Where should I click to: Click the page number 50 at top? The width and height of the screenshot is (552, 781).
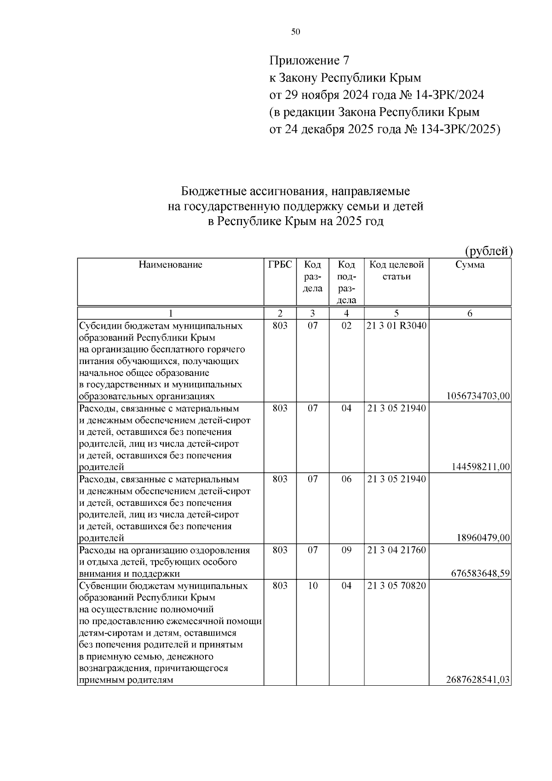pyautogui.click(x=295, y=32)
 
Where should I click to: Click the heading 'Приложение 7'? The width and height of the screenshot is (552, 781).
pyautogui.click(x=309, y=61)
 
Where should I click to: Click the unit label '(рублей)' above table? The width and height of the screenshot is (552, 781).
pyautogui.click(x=489, y=251)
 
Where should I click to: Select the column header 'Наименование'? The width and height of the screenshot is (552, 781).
pyautogui.click(x=170, y=265)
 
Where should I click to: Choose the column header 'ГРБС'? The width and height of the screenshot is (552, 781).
pyautogui.click(x=280, y=265)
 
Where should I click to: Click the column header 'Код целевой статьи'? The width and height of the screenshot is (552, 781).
pyautogui.click(x=396, y=271)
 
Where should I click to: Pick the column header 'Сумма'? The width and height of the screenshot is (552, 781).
pyautogui.click(x=470, y=265)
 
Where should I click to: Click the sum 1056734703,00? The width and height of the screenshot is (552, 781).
pyautogui.click(x=478, y=396)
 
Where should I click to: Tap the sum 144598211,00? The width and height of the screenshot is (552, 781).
pyautogui.click(x=481, y=467)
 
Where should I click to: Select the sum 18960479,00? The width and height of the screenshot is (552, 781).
pyautogui.click(x=483, y=538)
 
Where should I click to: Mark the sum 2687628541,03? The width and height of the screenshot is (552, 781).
pyautogui.click(x=478, y=680)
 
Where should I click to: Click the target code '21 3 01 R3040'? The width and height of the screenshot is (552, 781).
pyautogui.click(x=396, y=326)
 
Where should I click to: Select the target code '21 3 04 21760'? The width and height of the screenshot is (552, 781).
pyautogui.click(x=396, y=550)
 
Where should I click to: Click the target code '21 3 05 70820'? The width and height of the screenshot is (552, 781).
pyautogui.click(x=396, y=585)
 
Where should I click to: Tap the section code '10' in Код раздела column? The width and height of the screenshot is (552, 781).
pyautogui.click(x=312, y=585)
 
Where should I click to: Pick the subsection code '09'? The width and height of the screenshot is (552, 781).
pyautogui.click(x=346, y=550)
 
